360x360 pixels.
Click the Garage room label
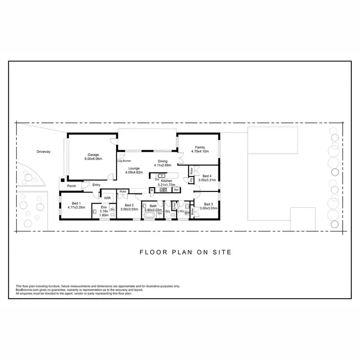pyautogui.click(x=93, y=155)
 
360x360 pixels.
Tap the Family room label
pyautogui.click(x=200, y=147)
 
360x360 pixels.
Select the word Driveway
pyautogui.click(x=43, y=152)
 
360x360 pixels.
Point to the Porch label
pyautogui.click(x=72, y=186)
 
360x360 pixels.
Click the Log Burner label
pyautogui.click(x=124, y=161)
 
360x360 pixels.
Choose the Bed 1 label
pyautogui.click(x=76, y=204)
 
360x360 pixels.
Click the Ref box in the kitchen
pyautogui.click(x=176, y=190)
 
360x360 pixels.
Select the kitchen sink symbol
pyautogui.click(x=161, y=176)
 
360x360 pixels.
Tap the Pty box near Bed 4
pyautogui.click(x=191, y=180)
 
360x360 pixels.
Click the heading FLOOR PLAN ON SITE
pyautogui.click(x=185, y=252)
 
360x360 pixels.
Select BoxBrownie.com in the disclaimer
pyautogui.click(x=27, y=290)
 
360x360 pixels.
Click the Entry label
pyautogui.click(x=96, y=185)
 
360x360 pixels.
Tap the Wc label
pyautogui.click(x=168, y=211)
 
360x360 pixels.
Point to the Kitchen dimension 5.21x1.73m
pyautogui.click(x=166, y=184)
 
